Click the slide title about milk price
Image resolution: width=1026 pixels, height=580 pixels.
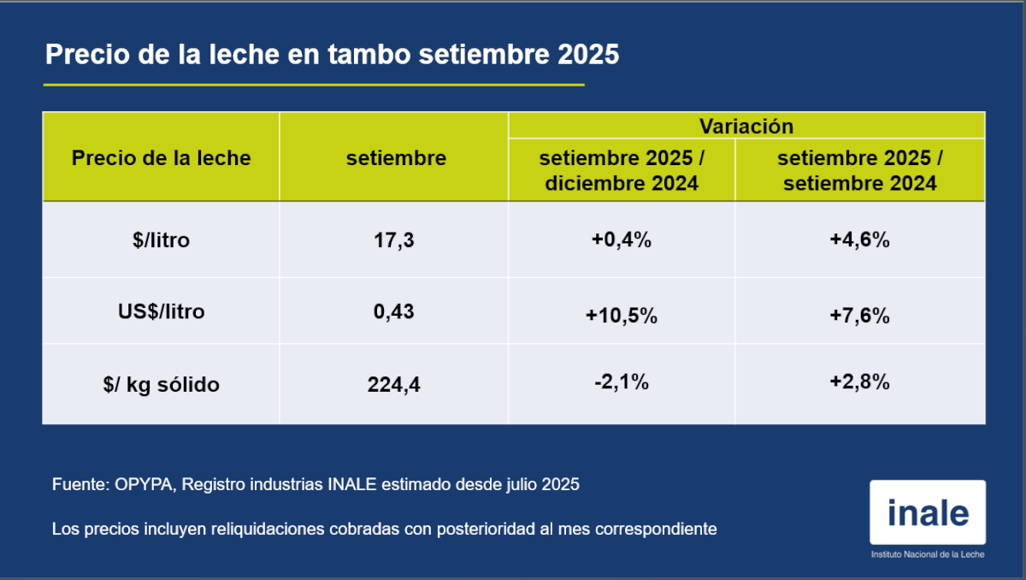332,55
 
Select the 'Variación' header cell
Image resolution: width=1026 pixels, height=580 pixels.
746,127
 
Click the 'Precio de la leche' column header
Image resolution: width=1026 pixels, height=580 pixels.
161,158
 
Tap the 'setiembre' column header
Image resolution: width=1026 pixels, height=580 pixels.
396,158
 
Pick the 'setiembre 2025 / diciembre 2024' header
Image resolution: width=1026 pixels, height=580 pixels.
622,171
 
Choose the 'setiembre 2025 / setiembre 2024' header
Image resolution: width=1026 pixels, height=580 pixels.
859,171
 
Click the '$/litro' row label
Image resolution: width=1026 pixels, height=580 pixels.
161,240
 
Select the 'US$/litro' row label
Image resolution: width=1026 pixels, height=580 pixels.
161,311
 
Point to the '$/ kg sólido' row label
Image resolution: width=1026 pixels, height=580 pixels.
161,385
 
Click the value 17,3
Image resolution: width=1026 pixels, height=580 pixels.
394,240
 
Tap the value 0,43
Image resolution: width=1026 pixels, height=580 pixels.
394,311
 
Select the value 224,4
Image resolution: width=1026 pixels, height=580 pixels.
394,385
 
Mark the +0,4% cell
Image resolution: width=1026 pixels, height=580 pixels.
622,240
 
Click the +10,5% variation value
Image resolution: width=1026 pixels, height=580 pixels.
622,316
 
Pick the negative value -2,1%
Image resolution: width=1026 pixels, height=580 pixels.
622,382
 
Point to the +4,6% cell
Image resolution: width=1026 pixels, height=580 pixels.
859,240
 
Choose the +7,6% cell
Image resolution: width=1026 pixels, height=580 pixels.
859,316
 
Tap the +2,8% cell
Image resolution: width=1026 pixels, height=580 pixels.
859,382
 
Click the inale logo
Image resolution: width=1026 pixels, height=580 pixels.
928,513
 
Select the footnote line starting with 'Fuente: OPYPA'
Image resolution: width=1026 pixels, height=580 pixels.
315,484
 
